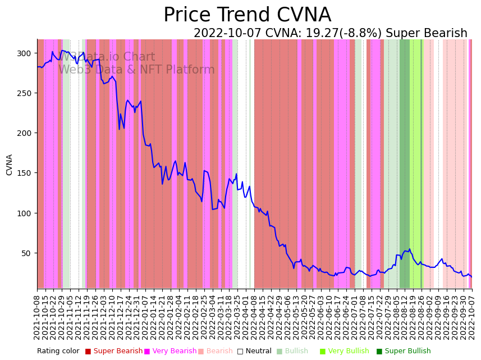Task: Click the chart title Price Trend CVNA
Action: coord(247,15)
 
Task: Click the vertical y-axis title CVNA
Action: coord(10,165)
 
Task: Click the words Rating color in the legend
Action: coord(58,352)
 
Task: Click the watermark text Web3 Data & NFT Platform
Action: coord(136,70)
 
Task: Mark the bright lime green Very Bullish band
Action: coord(415,163)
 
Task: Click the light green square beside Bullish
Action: coord(280,352)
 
